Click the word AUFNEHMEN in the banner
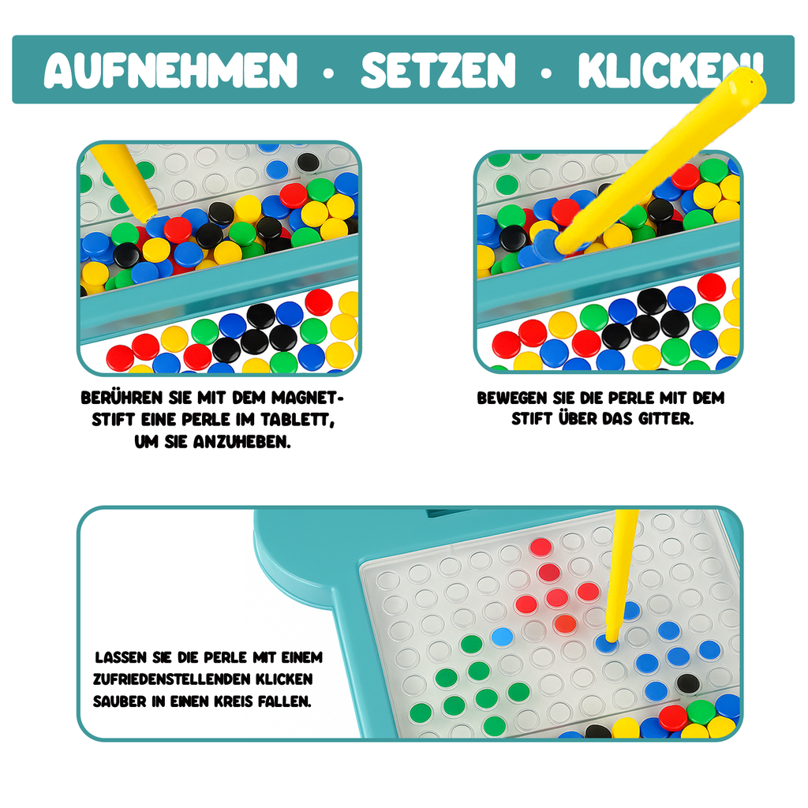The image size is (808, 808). (x=170, y=69)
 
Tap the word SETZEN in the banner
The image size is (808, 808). (x=438, y=69)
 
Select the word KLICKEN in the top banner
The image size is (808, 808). (x=663, y=69)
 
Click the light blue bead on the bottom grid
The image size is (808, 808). (x=501, y=636)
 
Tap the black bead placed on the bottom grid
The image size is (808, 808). (x=687, y=683)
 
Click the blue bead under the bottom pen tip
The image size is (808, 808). (x=607, y=642)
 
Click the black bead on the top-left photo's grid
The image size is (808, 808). (x=308, y=162)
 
